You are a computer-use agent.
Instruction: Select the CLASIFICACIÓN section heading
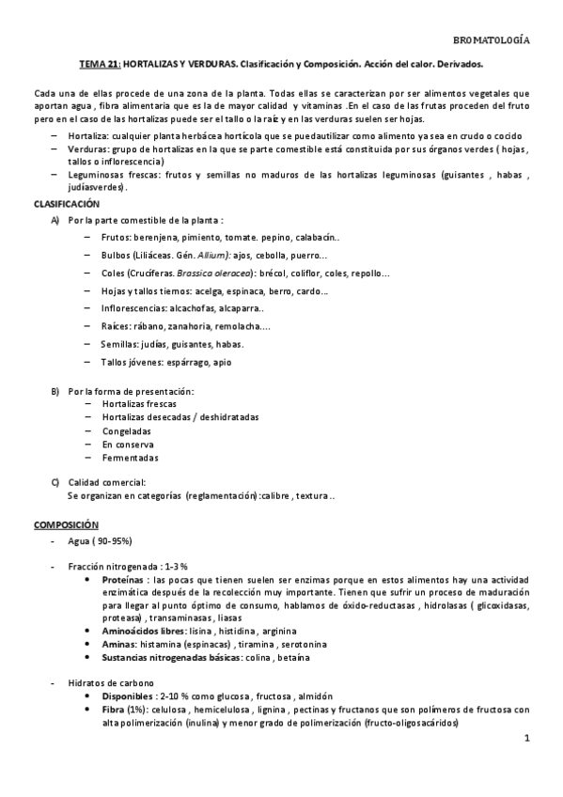[x=66, y=203]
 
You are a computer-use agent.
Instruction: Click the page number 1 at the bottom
[x=528, y=740]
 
